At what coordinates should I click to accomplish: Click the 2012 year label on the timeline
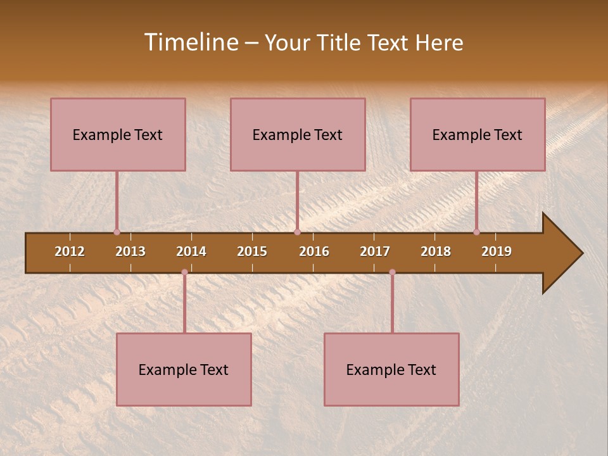point(70,251)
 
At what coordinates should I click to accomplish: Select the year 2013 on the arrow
point(130,251)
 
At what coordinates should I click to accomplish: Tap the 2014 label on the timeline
point(191,251)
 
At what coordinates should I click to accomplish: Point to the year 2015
point(252,251)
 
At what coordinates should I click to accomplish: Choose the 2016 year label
point(314,251)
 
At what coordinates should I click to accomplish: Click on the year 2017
point(375,251)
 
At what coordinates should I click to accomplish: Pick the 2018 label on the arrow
point(436,251)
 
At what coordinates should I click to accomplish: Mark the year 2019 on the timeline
point(497,251)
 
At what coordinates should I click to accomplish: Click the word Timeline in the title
point(191,42)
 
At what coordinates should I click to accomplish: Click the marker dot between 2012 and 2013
point(117,232)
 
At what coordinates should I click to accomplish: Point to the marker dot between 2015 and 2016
point(297,232)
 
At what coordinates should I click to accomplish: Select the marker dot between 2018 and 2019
point(476,232)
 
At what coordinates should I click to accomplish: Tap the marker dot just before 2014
point(184,272)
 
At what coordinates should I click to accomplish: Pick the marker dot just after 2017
point(392,272)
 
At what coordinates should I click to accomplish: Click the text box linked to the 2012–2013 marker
point(118,134)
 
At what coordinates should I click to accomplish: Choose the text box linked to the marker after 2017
point(391,369)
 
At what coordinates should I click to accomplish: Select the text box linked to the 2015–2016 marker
point(298,134)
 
